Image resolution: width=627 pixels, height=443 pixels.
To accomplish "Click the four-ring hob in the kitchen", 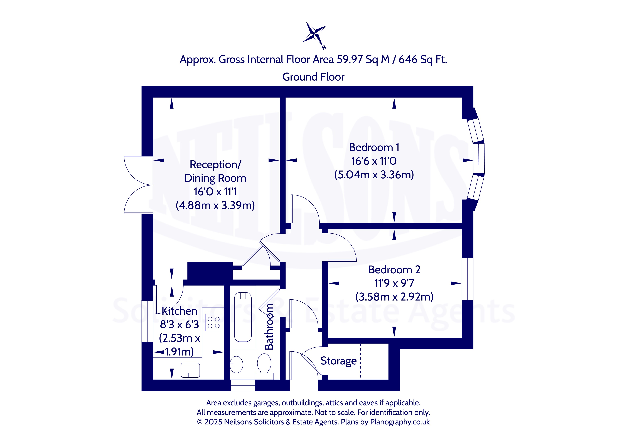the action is coord(213,322).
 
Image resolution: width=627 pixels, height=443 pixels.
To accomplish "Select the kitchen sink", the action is coord(190,370).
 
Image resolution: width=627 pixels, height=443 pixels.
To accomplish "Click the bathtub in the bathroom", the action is coord(243,317).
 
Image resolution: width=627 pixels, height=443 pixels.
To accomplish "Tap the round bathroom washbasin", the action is coord(237,365).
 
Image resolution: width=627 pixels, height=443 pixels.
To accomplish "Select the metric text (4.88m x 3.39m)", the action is coord(215,205).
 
